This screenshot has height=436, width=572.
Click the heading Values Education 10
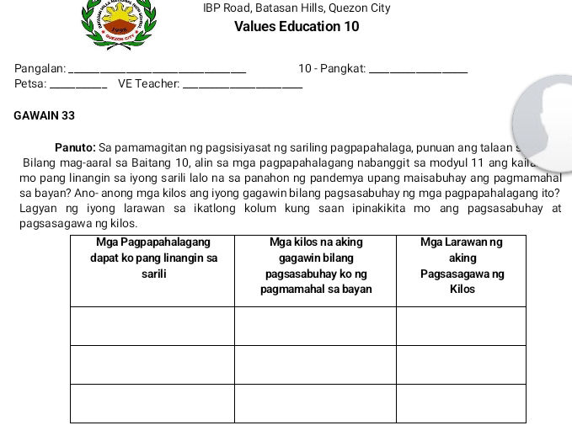(297, 27)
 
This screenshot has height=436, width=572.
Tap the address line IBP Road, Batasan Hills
(297, 8)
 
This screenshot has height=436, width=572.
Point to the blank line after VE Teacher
(243, 85)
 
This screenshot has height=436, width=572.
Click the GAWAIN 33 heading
(45, 115)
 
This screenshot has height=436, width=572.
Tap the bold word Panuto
(74, 146)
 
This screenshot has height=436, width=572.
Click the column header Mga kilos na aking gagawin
(314, 265)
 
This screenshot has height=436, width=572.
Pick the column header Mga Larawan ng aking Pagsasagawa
(462, 265)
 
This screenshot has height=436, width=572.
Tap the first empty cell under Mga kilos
(314, 326)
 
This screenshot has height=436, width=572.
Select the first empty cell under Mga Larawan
(462, 326)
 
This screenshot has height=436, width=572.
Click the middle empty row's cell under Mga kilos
(314, 364)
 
